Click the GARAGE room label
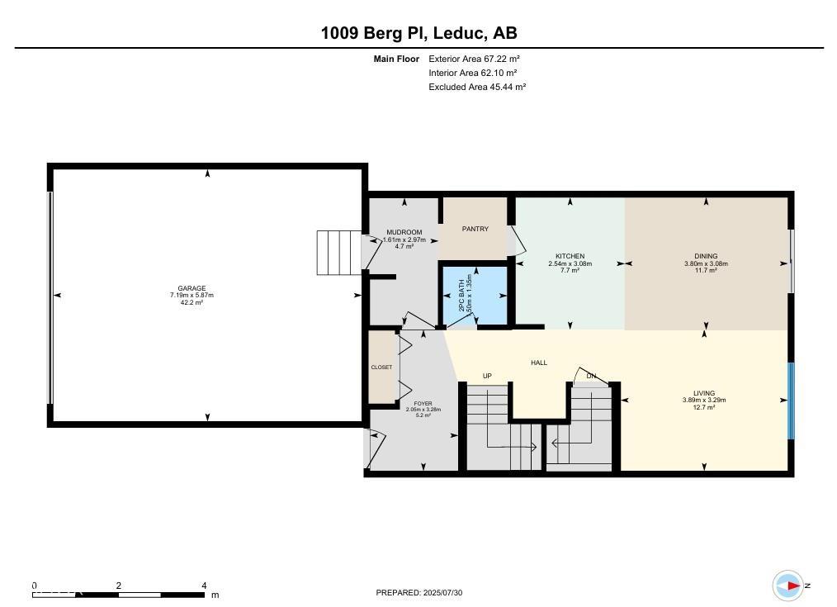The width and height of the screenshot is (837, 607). (192, 288)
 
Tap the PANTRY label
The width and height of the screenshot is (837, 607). (475, 229)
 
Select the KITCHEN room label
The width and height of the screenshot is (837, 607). (570, 256)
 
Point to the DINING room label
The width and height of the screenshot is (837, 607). (706, 256)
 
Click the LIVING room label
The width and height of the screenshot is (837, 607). (704, 393)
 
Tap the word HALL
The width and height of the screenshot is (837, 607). (539, 363)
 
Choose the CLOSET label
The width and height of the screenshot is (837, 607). (381, 368)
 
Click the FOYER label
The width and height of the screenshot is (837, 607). (423, 404)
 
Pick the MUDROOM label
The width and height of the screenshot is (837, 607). (404, 232)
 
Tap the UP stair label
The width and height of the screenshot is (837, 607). (487, 376)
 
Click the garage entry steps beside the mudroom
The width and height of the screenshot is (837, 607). (339, 253)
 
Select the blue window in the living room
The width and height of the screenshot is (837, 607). (791, 401)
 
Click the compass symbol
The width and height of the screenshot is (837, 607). (788, 586)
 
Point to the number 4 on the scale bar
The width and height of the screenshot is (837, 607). (204, 586)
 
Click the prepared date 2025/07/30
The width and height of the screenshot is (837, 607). (443, 593)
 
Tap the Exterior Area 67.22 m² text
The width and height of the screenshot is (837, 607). (474, 59)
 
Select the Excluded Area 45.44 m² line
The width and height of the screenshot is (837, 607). (477, 87)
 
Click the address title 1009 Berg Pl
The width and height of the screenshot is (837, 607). (373, 33)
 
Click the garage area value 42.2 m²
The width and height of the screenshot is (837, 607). (192, 303)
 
